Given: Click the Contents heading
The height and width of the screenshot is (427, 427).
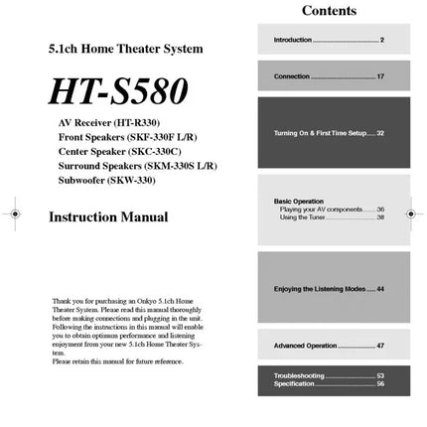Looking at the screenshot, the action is (x=328, y=11).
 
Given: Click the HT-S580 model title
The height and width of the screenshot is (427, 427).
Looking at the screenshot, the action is (x=118, y=90).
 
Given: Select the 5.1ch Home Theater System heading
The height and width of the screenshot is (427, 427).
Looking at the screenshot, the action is (x=125, y=48).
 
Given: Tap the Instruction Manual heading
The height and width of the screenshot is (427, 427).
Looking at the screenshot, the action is (x=108, y=216).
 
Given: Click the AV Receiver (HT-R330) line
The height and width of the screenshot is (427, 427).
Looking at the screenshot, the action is (x=108, y=122).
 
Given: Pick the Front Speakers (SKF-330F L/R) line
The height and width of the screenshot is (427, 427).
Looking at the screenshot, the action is (x=127, y=137).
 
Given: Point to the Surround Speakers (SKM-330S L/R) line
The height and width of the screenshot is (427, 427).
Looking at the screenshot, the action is (x=137, y=166).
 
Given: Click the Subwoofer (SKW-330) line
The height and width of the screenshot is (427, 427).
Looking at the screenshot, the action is (x=106, y=181).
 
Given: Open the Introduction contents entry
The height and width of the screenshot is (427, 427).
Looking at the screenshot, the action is (x=328, y=40).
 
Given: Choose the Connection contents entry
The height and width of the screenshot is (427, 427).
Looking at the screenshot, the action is (x=328, y=76).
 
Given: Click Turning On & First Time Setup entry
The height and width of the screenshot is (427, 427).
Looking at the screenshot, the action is (x=328, y=133).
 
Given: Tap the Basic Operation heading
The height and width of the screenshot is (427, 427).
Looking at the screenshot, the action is (x=298, y=202).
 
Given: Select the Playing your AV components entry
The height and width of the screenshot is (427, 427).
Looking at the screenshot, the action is (x=332, y=210).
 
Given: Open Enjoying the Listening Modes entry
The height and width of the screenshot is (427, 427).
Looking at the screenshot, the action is (x=328, y=289).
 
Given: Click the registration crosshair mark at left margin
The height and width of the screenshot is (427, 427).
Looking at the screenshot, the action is (x=14, y=213).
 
